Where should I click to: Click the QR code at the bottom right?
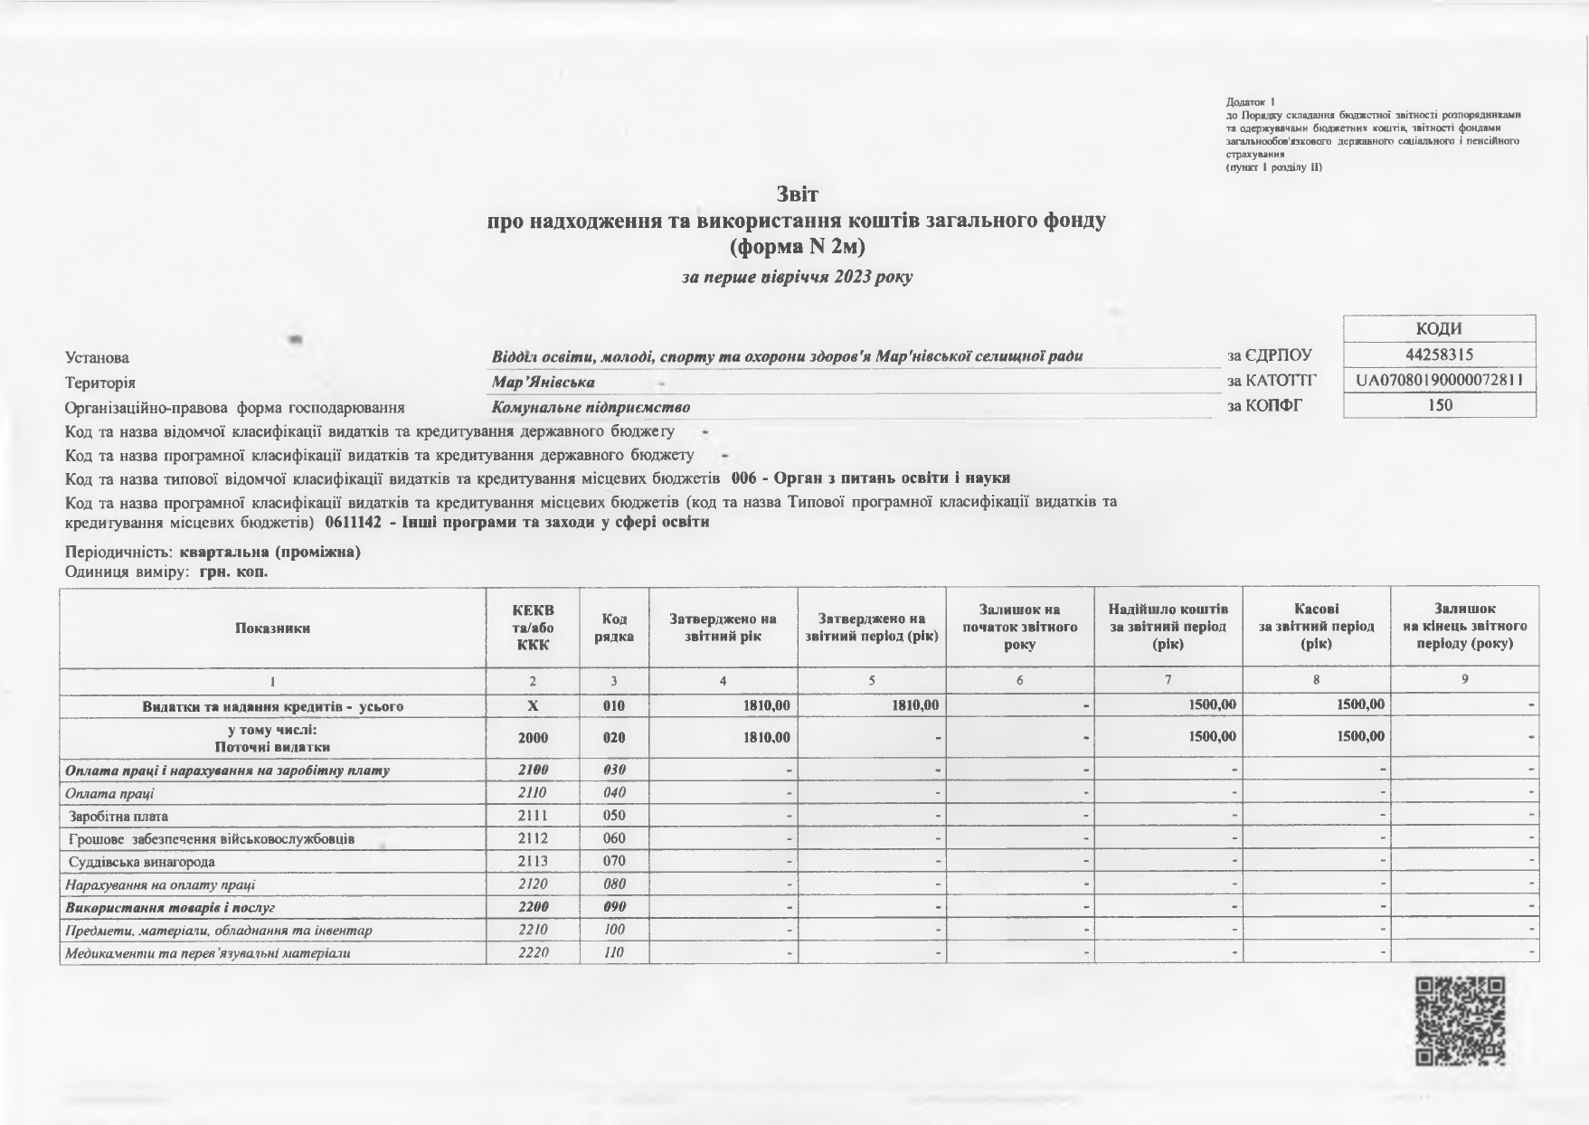point(1460,1021)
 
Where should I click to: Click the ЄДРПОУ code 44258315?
point(1439,355)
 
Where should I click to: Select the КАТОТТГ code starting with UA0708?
point(1440,380)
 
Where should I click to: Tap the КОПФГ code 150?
point(1439,405)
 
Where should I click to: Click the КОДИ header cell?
point(1439,329)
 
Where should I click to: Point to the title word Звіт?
point(797,194)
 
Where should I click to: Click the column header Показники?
point(272,628)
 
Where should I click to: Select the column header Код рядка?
point(614,628)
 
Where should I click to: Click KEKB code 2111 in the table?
point(533,816)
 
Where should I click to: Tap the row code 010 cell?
point(614,705)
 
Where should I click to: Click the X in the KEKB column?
point(533,705)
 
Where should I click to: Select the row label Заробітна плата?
point(118,816)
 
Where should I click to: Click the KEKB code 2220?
point(533,952)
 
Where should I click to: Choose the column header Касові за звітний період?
point(1316,627)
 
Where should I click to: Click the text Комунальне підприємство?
point(591,407)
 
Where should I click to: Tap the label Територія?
point(100,383)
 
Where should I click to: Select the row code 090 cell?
point(614,907)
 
